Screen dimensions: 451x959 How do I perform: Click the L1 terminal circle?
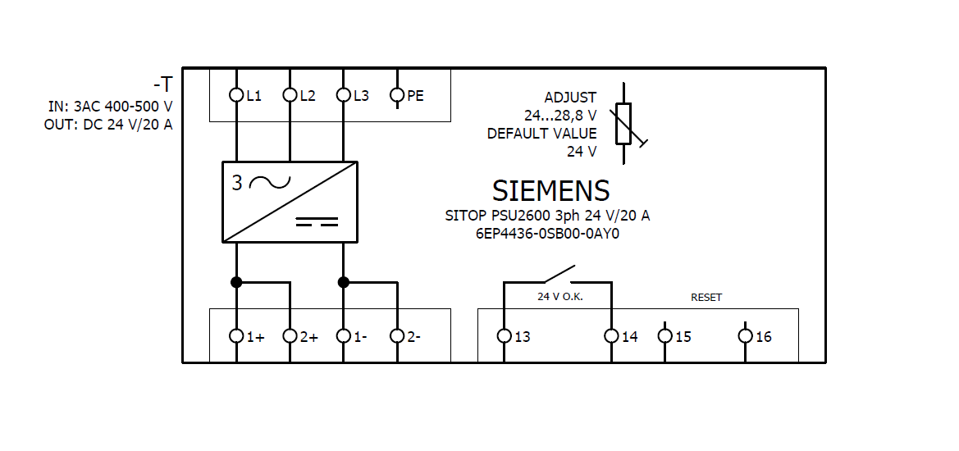tap(236, 95)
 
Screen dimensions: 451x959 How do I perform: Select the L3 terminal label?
tap(361, 96)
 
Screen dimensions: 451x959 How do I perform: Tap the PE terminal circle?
tap(397, 95)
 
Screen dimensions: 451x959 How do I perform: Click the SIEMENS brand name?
tap(550, 190)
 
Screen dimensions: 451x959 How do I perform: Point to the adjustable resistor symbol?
tap(624, 123)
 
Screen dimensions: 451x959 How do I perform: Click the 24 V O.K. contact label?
tap(559, 297)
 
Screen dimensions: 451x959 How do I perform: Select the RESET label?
tap(706, 297)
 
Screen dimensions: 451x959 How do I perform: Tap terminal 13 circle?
tap(504, 336)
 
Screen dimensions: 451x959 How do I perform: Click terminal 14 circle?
tap(610, 336)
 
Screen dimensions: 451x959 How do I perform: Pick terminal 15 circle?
tap(665, 336)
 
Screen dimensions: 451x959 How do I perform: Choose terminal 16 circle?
tap(745, 336)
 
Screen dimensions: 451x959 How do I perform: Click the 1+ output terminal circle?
tap(236, 336)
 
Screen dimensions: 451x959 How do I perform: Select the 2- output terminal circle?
tap(397, 336)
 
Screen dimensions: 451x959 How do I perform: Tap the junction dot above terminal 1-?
tap(344, 282)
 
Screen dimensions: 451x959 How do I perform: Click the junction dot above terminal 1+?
tap(236, 282)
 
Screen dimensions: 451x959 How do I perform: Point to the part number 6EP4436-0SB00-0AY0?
tap(547, 233)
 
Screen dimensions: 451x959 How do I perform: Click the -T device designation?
tap(162, 84)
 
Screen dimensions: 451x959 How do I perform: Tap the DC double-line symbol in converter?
tap(316, 221)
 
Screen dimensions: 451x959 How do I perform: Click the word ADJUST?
tap(570, 98)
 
